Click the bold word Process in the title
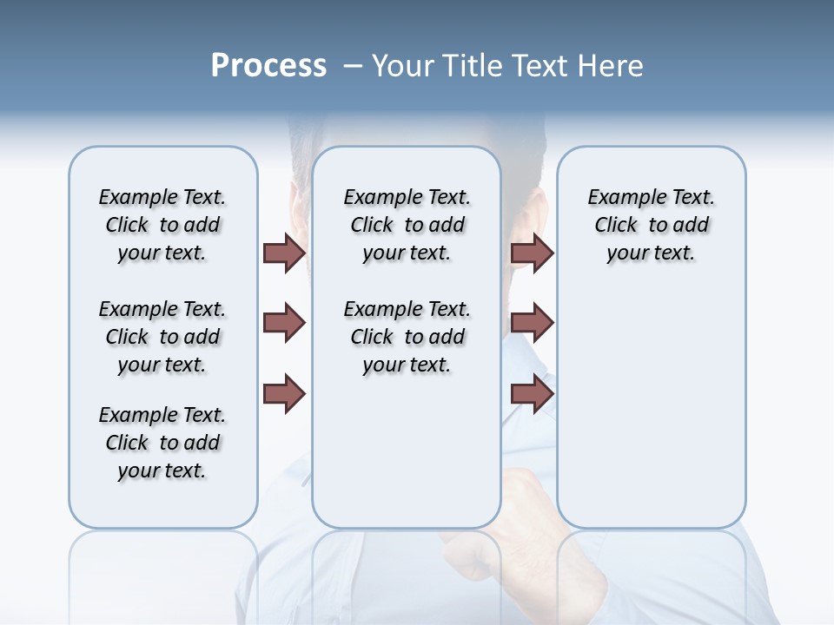[x=268, y=65]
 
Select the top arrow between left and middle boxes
[x=284, y=253]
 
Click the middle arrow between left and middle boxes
[x=284, y=323]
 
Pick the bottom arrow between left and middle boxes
[x=284, y=394]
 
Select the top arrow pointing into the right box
[x=532, y=253]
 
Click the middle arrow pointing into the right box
[x=532, y=323]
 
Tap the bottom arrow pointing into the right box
[x=532, y=394]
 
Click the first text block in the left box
[x=162, y=225]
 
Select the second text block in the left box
[x=162, y=337]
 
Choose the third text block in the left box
[x=162, y=443]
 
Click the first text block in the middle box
[x=407, y=225]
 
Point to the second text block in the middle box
[x=407, y=337]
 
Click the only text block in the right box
[x=651, y=225]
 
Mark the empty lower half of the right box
[x=651, y=408]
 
